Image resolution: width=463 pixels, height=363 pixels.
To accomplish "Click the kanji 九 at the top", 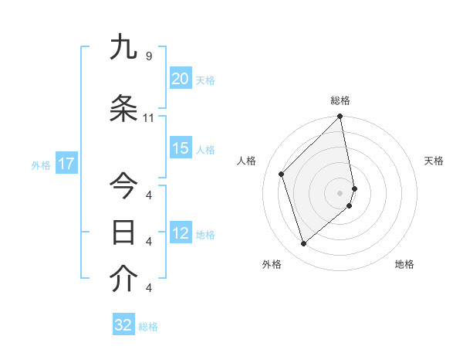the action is [123, 48].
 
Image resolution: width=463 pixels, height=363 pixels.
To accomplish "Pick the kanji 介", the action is [123, 279].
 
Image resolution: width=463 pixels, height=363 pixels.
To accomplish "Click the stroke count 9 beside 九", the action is [149, 56].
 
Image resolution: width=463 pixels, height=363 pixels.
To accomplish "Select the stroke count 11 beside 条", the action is [149, 118].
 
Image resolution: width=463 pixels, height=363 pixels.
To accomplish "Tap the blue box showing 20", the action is [180, 79].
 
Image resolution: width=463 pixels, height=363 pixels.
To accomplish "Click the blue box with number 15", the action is [180, 149].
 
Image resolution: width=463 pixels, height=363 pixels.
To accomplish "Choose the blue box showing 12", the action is [180, 234].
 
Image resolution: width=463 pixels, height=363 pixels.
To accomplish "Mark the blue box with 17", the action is [66, 164].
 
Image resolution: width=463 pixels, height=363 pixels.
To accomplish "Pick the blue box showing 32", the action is [123, 325].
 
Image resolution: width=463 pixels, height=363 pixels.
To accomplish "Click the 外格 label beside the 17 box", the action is [41, 165].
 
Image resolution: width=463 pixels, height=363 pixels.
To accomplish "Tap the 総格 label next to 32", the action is [148, 327].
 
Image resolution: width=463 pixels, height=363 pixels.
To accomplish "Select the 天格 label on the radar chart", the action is [434, 161].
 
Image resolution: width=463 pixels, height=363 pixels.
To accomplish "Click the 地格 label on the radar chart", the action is [404, 265].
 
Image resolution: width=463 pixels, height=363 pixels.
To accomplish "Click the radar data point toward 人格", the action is [282, 174].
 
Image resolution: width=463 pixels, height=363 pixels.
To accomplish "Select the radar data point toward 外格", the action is [303, 244].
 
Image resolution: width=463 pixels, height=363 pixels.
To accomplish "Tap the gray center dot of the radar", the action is [340, 192].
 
